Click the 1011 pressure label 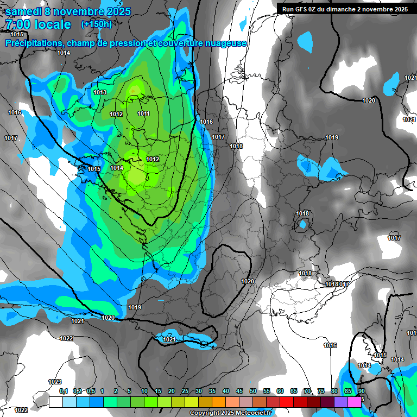[x=143, y=113]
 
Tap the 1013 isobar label [x=100, y=92]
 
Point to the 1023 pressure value [x=55, y=382]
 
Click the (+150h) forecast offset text [x=97, y=24]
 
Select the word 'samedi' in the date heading [x=25, y=11]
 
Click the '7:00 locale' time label [x=37, y=24]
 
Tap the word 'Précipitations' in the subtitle [x=34, y=43]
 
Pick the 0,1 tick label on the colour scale [x=64, y=391]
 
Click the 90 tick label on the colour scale [x=361, y=391]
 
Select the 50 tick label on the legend [x=253, y=391]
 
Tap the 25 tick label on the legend [x=185, y=391]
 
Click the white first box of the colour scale [x=55, y=402]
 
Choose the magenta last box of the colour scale [x=354, y=402]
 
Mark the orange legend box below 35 [x=218, y=402]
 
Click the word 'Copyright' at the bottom [x=205, y=413]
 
